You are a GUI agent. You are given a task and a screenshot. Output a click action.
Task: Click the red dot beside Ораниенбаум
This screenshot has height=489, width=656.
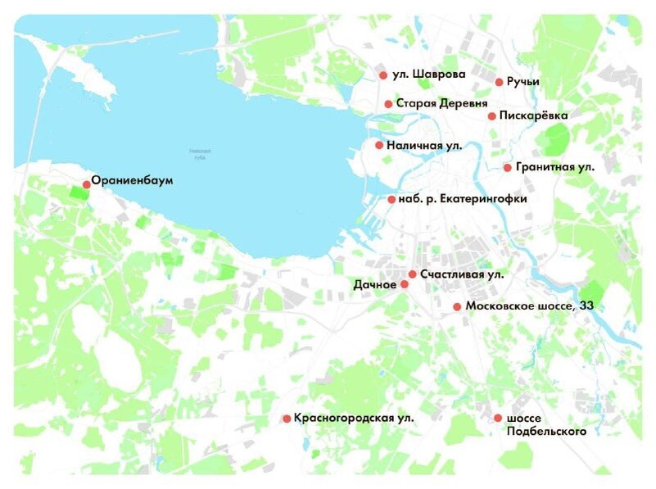tap(87, 184)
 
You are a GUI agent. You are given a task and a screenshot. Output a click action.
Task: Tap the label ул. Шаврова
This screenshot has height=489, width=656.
tap(429, 75)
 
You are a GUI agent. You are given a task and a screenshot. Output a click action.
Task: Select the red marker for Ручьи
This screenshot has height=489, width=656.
tap(499, 82)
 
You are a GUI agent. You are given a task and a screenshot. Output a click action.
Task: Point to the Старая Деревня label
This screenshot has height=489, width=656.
tap(441, 104)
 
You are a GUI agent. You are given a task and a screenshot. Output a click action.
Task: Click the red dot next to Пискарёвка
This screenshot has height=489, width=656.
tap(492, 116)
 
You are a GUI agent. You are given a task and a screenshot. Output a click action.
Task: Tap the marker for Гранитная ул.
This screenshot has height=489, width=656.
tap(508, 168)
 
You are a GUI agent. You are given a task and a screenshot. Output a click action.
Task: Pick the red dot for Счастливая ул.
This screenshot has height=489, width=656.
tap(413, 274)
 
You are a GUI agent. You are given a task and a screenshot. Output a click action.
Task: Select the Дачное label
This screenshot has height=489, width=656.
tap(375, 285)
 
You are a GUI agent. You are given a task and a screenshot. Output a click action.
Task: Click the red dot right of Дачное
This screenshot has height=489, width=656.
tap(404, 284)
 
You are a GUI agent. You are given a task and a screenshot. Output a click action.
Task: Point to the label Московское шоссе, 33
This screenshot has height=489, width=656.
tap(529, 306)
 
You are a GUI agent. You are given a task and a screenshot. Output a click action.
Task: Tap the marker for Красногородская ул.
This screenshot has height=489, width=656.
tap(287, 419)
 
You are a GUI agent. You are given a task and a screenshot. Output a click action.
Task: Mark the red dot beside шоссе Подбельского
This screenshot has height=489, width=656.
tap(498, 419)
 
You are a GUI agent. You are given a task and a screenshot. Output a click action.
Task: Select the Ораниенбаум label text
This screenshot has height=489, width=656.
tap(133, 180)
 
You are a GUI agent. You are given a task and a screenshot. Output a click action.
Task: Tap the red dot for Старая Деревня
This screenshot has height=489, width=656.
tap(388, 104)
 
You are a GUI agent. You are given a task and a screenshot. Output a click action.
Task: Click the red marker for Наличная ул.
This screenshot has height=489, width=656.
tap(379, 145)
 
